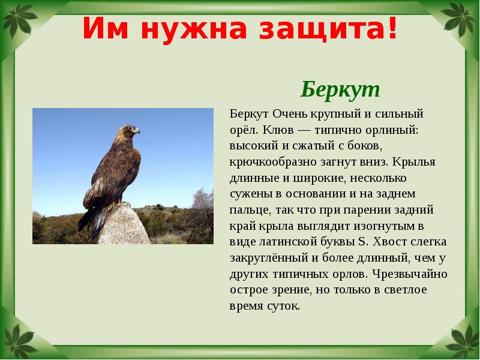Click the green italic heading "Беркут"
click(x=340, y=90)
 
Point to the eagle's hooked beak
click(x=137, y=130)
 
